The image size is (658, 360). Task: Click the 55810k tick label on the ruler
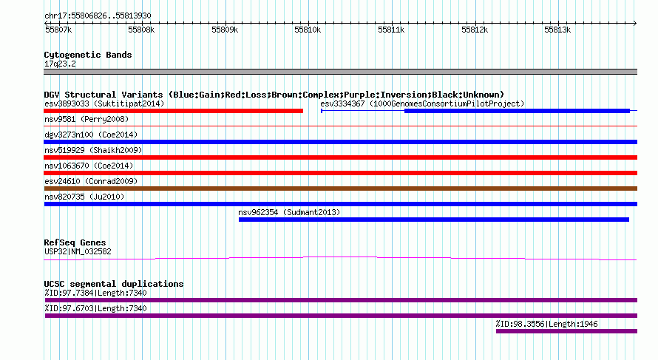pyautogui.click(x=308, y=30)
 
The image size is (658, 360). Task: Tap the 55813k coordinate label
pyautogui.click(x=557, y=30)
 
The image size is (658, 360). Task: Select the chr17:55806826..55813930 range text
pyautogui.click(x=98, y=16)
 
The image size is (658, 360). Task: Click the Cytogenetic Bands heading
pyautogui.click(x=88, y=55)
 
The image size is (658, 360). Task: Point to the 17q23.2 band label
pyautogui.click(x=60, y=64)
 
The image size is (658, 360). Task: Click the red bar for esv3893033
pyautogui.click(x=173, y=111)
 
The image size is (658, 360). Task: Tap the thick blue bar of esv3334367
pyautogui.click(x=517, y=111)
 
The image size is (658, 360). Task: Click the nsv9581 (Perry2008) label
pyautogui.click(x=87, y=119)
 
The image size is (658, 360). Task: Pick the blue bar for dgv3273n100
pyautogui.click(x=340, y=142)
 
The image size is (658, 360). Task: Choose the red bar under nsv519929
pyautogui.click(x=340, y=157)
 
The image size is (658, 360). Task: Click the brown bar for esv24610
pyautogui.click(x=340, y=189)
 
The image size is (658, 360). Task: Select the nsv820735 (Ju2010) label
pyautogui.click(x=84, y=197)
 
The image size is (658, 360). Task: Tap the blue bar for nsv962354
pyautogui.click(x=434, y=220)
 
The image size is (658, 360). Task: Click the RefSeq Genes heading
pyautogui.click(x=75, y=242)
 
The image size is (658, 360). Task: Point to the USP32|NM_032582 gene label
pyautogui.click(x=78, y=252)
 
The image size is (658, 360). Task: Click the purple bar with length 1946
pyautogui.click(x=566, y=331)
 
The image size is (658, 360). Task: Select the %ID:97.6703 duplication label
pyautogui.click(x=95, y=308)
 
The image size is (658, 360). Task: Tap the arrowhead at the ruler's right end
pyautogui.click(x=635, y=23)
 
